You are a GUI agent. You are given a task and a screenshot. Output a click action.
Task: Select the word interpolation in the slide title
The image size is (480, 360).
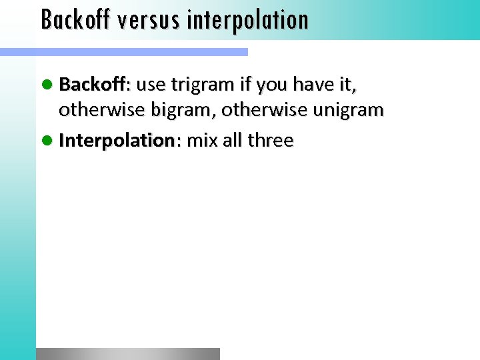tap(247, 19)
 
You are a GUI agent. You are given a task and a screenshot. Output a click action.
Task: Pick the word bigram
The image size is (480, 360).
tap(190, 110)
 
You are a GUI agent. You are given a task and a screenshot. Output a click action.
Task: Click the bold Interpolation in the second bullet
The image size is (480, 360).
tap(117, 141)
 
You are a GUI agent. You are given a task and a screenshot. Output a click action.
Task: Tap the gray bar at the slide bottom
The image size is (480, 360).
tap(127, 354)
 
